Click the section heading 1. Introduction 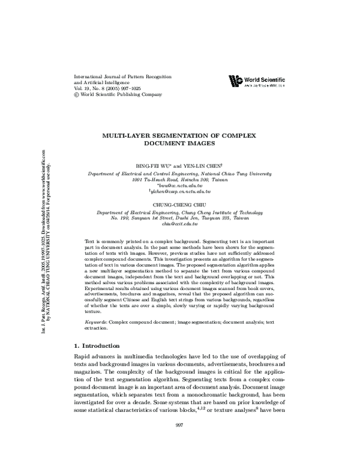96,346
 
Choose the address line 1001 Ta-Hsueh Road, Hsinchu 179,179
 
